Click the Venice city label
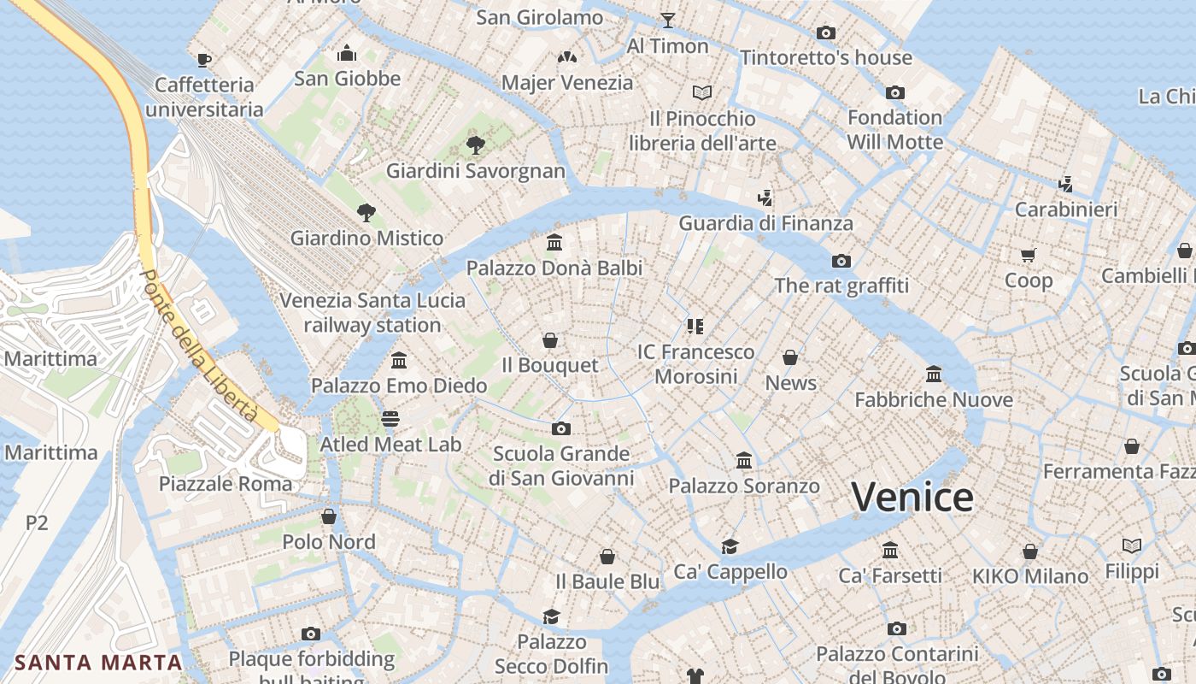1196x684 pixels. coord(912,497)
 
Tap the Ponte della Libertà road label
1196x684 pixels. coord(199,345)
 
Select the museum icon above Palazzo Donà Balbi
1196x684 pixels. coord(554,243)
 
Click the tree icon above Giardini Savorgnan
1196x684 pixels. coord(476,145)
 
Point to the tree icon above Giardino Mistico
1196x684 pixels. coord(366,212)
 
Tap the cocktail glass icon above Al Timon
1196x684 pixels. coord(668,20)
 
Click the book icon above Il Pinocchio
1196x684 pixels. coord(702,92)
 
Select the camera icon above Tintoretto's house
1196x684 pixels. coord(826,32)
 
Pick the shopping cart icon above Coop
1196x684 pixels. coord(1029,255)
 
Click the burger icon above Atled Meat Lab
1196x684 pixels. coord(390,419)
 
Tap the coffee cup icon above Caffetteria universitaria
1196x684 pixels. coord(204,59)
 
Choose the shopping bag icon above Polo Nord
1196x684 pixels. coord(329,516)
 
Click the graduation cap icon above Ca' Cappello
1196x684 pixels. coord(730,546)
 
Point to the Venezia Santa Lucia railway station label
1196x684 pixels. coord(372,313)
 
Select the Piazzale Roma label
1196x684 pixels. coord(226,483)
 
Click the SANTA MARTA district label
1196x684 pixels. coord(99,662)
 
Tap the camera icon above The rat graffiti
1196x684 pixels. coord(841,261)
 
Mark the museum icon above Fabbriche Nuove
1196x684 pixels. coord(934,374)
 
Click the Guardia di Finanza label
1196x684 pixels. coord(765,223)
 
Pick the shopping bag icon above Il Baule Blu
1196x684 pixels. coord(607,557)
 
